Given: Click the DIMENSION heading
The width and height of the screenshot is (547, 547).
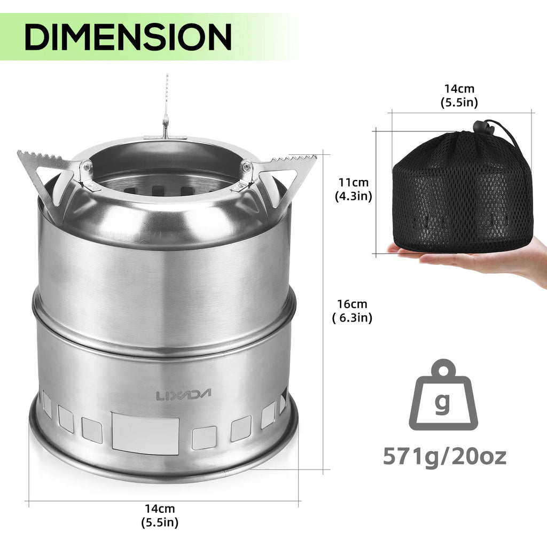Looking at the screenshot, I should pyautogui.click(x=128, y=36).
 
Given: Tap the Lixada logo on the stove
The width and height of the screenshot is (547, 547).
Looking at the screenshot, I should pyautogui.click(x=184, y=395).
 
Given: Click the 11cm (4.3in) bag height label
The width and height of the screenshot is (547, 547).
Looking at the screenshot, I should pyautogui.click(x=353, y=189).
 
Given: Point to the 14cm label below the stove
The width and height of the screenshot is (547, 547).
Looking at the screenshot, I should pyautogui.click(x=160, y=515).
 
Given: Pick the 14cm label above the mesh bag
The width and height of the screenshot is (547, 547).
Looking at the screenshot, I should pyautogui.click(x=459, y=96).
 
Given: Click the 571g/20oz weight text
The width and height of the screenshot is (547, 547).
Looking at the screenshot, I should pyautogui.click(x=444, y=457).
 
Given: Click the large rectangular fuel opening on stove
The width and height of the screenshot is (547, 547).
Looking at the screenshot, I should pyautogui.click(x=145, y=433).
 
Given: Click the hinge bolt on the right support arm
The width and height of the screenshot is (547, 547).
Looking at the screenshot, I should pyautogui.click(x=246, y=167).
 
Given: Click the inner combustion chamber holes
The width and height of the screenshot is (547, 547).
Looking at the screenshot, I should pyautogui.click(x=171, y=190).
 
